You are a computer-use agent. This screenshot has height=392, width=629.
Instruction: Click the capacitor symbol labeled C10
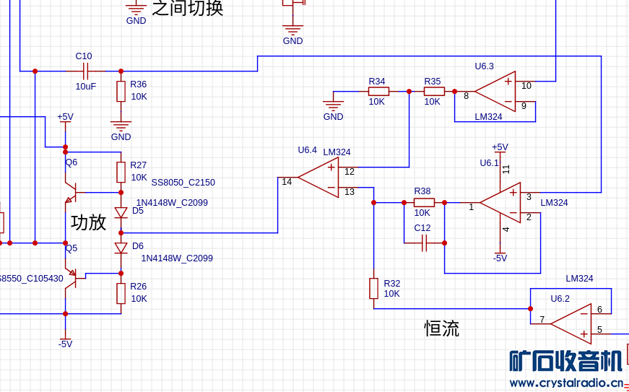[85, 71]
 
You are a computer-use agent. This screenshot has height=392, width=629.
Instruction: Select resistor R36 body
[121, 91]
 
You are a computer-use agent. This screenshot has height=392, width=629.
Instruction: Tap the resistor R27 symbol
[121, 172]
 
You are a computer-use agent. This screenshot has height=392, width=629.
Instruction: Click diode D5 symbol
[121, 212]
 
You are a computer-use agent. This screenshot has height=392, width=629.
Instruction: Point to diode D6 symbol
[121, 248]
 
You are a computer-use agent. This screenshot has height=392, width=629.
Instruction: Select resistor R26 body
[121, 293]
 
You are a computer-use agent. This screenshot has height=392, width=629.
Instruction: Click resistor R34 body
[378, 91]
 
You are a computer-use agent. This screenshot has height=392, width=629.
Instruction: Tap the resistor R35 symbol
[434, 91]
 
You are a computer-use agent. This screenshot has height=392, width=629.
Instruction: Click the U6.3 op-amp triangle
[495, 92]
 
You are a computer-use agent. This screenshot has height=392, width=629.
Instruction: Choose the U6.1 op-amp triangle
[500, 203]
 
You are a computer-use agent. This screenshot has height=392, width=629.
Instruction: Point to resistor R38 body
[423, 202]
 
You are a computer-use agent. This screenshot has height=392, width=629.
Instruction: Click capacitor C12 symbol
[424, 244]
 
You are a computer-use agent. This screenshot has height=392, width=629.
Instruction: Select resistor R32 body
[373, 288]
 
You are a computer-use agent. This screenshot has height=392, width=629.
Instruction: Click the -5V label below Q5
[65, 344]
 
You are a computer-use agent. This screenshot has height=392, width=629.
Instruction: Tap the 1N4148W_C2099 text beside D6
[176, 258]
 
